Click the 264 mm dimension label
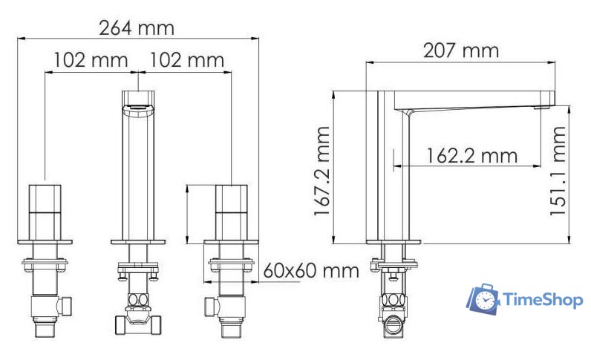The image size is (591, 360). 137,28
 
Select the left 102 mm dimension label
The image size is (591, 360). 91,59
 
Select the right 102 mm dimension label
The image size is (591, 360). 187,59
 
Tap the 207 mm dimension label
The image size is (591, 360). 460,50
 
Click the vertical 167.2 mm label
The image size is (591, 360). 321,171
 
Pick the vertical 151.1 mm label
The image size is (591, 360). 558,171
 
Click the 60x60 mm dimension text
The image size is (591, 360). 311,270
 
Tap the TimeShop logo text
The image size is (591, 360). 543,300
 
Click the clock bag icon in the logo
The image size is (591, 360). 483,298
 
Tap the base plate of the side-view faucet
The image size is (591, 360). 394,241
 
